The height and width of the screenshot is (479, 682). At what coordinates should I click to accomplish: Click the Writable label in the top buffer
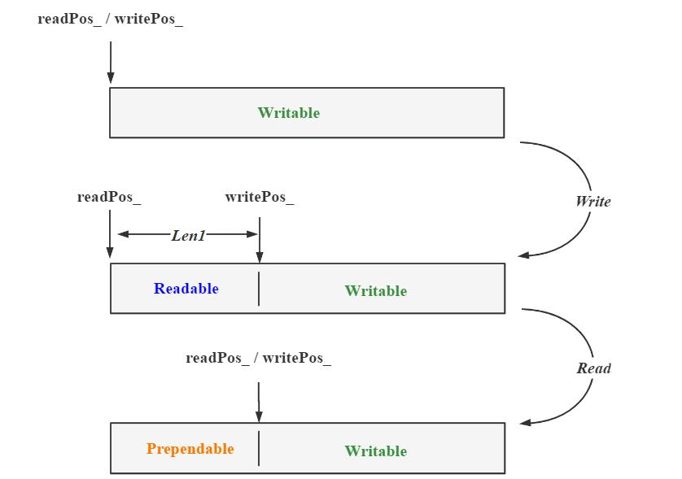tap(289, 113)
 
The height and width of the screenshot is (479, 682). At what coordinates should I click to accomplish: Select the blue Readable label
tap(186, 289)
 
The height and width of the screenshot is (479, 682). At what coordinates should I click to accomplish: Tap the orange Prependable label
tap(190, 449)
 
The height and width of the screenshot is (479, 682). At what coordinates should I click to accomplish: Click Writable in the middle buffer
tap(376, 291)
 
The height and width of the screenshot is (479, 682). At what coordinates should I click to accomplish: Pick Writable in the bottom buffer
tap(376, 451)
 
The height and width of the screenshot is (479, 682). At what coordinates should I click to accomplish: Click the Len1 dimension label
tap(188, 235)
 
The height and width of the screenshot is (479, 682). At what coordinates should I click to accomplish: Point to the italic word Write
tap(593, 202)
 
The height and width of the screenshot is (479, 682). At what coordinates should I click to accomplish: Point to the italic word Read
tap(594, 368)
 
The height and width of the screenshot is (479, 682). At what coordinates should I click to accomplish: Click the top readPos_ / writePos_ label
tap(111, 19)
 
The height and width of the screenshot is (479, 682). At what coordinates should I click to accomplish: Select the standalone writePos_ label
tap(260, 197)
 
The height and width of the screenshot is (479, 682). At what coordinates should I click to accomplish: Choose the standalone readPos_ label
tap(110, 197)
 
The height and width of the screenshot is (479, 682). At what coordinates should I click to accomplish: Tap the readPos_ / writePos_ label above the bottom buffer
tap(259, 358)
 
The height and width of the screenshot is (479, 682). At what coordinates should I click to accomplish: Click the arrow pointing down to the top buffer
tap(111, 61)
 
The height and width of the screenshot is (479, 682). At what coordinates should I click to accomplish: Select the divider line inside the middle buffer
tap(259, 289)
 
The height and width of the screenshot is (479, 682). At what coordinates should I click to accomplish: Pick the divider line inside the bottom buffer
tap(259, 448)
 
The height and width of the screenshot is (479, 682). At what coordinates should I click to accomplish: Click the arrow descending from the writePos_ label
tap(259, 239)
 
